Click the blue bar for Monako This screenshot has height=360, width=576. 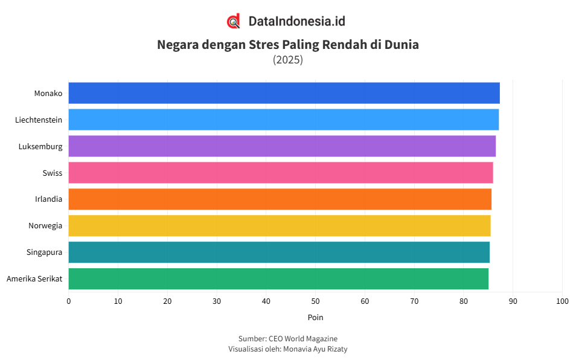pos(284,93)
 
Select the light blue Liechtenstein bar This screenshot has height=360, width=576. pos(283,120)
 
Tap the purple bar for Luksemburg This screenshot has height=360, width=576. pos(282,146)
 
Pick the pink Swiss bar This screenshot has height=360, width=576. pos(280,173)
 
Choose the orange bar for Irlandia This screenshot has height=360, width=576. pos(280,199)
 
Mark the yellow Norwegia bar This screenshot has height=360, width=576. pos(279,226)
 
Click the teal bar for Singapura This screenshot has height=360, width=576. pos(278,252)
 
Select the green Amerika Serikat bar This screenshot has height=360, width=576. pos(278,279)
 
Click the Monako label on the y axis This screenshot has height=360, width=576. pos(48,93)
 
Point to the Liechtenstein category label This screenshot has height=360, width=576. pos(39,120)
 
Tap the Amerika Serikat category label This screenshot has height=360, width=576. pos(34,279)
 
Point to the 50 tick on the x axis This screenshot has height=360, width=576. pos(315,301)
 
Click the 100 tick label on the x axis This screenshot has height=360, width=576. pos(562,301)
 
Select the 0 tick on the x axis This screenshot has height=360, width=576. pos(68,301)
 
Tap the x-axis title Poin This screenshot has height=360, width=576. pos(315,317)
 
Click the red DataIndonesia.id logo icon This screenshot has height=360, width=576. pos(234,21)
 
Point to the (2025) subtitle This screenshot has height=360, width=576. pos(288,60)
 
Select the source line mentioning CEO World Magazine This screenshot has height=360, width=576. pos(288,339)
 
